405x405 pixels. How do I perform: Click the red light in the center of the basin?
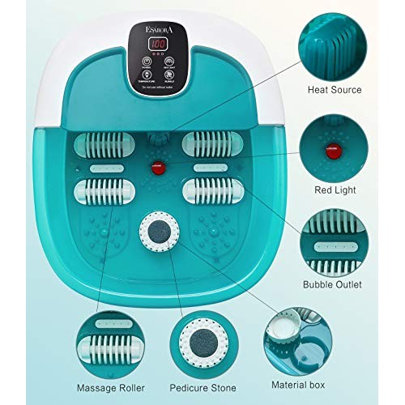(x=151, y=166)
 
